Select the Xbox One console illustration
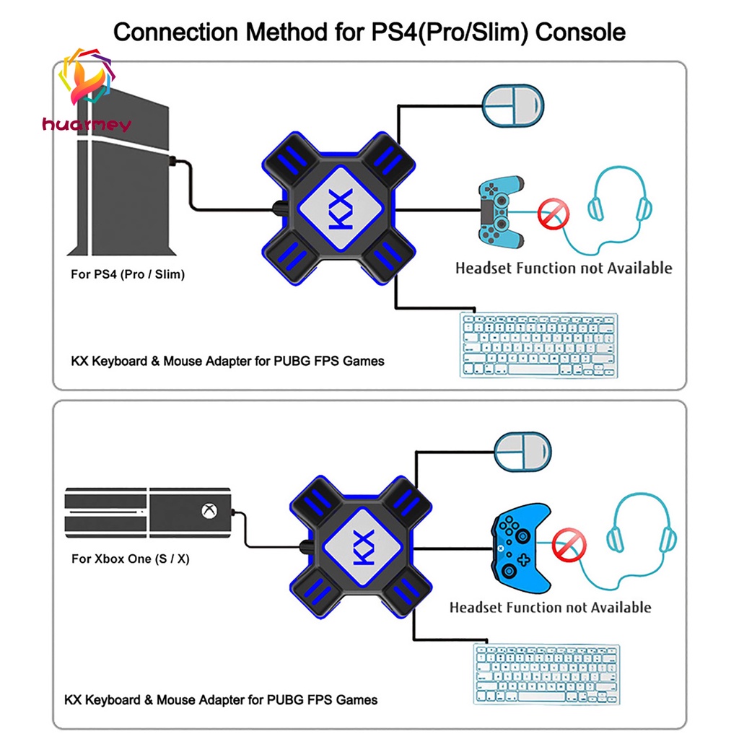pos(148,513)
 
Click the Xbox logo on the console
pos(208,512)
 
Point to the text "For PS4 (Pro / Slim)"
pos(127,274)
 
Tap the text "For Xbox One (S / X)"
pos(130,559)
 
